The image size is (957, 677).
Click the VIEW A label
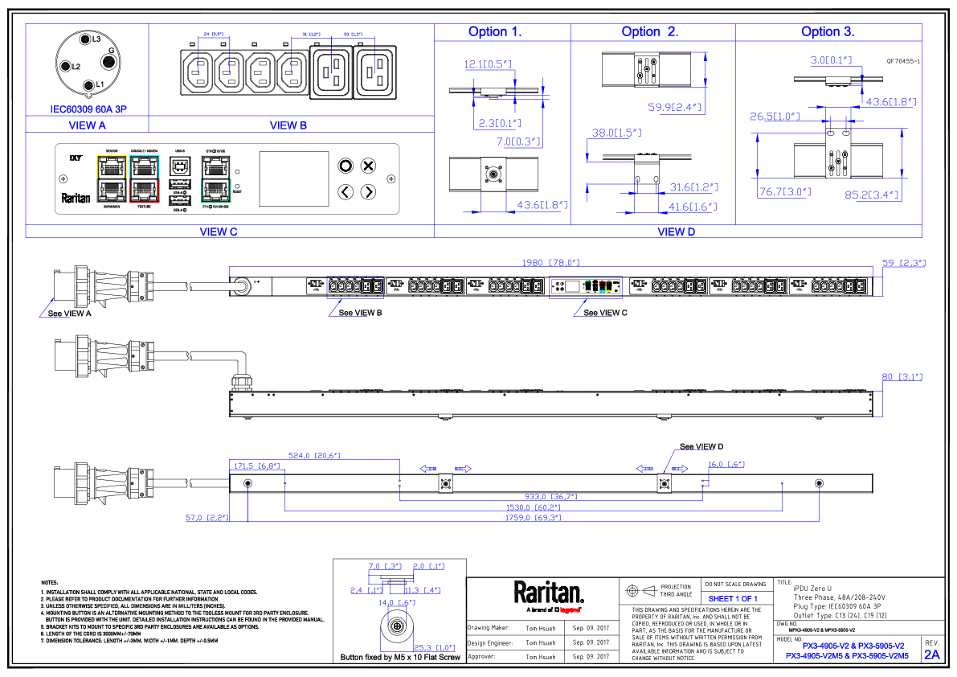click(88, 125)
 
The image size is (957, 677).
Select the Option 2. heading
click(649, 32)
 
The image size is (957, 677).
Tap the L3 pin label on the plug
click(95, 39)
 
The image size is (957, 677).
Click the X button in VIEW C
click(368, 166)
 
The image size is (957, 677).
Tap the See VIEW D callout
click(701, 446)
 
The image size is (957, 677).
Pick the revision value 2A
click(931, 654)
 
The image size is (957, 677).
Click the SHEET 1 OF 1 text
click(733, 599)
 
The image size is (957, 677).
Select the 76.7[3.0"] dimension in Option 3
click(785, 192)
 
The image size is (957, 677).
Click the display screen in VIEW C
click(293, 179)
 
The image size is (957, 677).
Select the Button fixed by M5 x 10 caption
click(399, 658)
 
